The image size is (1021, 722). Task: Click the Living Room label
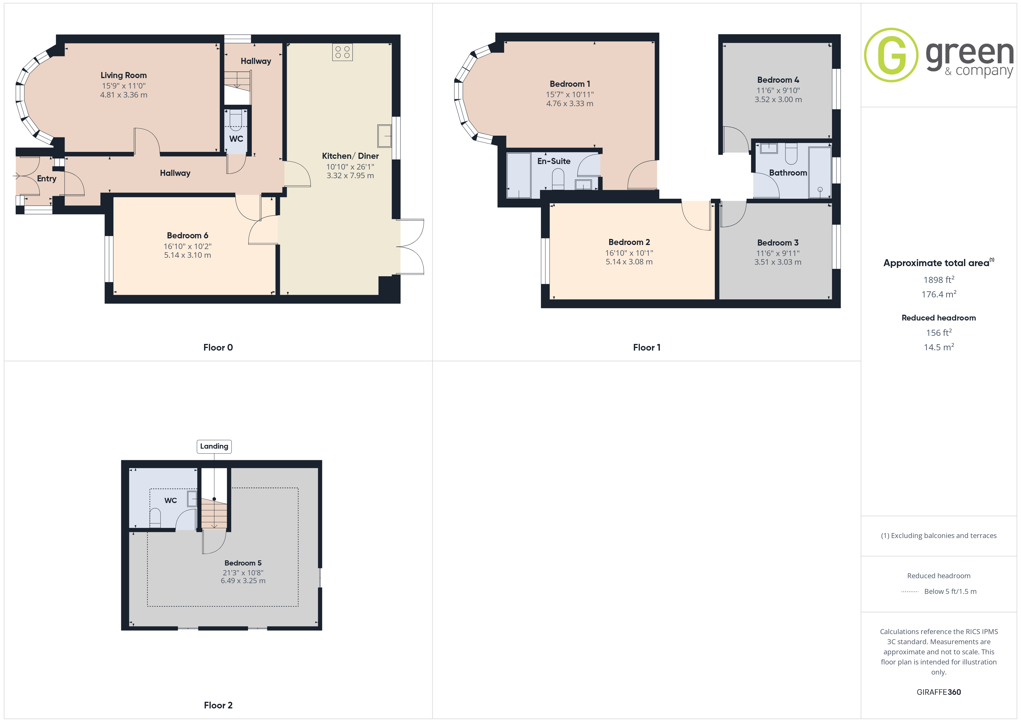click(x=124, y=75)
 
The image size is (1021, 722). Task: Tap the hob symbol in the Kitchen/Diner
click(x=342, y=52)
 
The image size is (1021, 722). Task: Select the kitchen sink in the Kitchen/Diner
click(x=384, y=136)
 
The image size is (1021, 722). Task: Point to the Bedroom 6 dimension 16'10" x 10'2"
click(x=188, y=246)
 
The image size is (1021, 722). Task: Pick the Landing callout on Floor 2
click(x=214, y=446)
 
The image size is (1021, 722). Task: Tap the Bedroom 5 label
click(x=243, y=563)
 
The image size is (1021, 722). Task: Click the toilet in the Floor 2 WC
click(x=155, y=518)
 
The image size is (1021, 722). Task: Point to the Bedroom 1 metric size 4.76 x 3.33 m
click(x=570, y=104)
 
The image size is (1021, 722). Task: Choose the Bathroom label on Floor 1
click(x=788, y=173)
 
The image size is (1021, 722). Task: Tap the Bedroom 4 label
click(x=778, y=80)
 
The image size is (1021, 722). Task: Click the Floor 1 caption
click(x=647, y=348)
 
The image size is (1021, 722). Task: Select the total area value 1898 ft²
click(x=939, y=280)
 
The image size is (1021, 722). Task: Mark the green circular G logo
click(x=891, y=55)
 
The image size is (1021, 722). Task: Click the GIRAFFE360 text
click(x=939, y=692)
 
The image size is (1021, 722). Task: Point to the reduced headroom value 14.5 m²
click(x=939, y=347)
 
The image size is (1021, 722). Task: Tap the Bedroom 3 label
click(x=778, y=243)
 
